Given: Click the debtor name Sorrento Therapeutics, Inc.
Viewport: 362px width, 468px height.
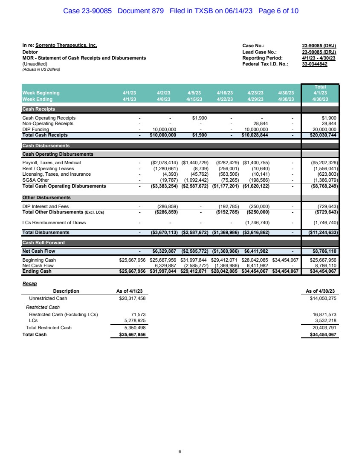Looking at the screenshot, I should [66, 45].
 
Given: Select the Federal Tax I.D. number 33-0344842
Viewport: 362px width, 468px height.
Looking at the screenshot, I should [315, 64].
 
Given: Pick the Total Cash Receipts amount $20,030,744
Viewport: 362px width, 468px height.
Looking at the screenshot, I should [322, 135].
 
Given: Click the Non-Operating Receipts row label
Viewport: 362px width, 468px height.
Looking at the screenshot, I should [48, 124].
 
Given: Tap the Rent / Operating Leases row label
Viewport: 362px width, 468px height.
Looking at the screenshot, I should [48, 168].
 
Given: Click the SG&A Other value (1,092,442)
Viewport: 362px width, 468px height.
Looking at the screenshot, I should [195, 180].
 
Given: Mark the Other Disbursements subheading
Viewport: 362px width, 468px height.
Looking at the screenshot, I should [46, 198].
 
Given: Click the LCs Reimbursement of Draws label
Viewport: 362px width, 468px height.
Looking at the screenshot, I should [54, 223].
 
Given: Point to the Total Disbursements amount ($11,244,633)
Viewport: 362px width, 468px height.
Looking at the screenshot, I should [321, 233].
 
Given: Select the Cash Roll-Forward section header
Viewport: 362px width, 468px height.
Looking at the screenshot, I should [43, 243].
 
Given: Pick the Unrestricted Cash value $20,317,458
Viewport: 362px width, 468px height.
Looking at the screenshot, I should [131, 298].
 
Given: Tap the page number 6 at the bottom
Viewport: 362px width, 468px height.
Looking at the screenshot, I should [180, 451].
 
